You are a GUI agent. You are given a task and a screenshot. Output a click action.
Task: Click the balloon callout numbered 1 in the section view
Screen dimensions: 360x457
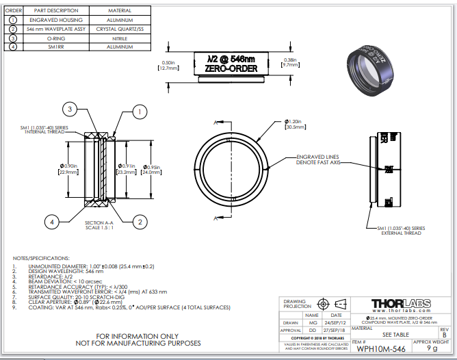[138, 111]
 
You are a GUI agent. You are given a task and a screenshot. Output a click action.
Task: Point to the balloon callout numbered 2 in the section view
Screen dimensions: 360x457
[138, 221]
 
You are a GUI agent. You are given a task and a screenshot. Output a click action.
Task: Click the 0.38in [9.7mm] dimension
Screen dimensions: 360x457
[290, 64]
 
